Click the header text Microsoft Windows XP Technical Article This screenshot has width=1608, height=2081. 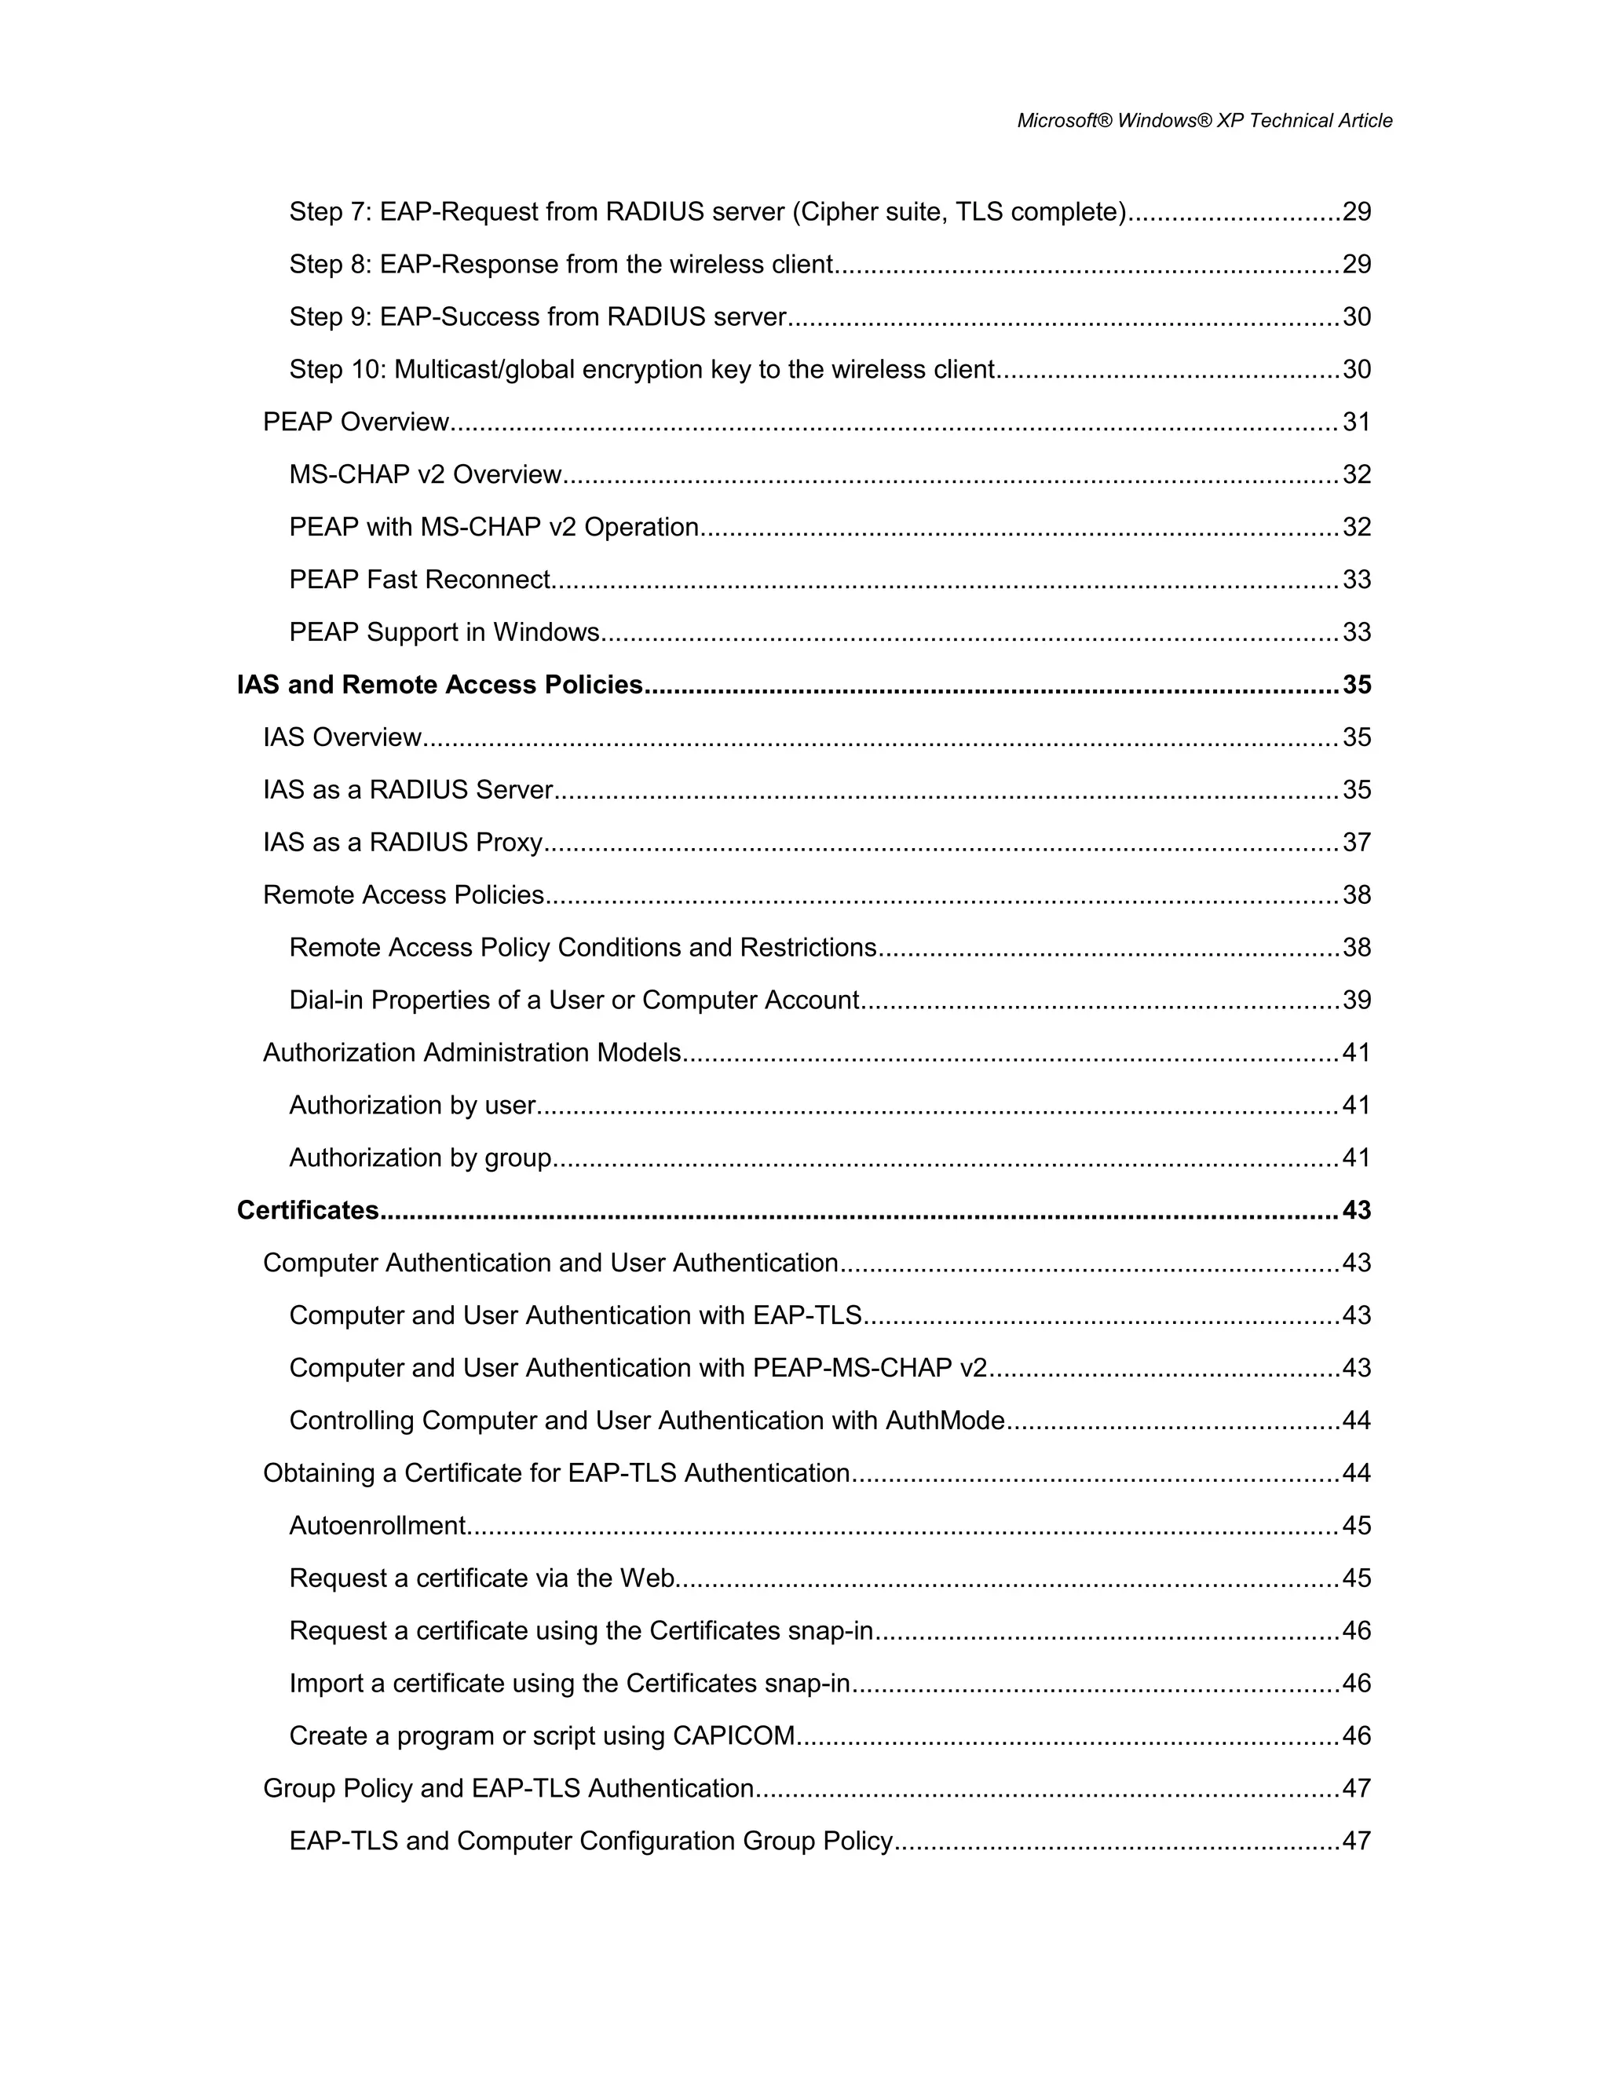1204,121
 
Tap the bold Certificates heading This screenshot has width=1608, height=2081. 308,1210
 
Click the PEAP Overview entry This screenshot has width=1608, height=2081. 356,422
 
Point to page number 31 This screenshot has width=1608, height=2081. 1357,422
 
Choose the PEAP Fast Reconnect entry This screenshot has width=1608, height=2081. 420,580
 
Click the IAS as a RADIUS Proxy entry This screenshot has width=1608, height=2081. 403,843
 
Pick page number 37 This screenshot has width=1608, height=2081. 1357,843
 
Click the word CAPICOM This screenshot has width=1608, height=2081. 733,1736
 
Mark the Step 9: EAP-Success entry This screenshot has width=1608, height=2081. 538,316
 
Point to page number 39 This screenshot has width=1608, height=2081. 1357,1000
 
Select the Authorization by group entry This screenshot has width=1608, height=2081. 420,1158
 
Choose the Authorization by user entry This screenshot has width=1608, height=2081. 412,1106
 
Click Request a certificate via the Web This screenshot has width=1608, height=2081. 483,1578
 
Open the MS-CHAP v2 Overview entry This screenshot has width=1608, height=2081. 426,474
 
